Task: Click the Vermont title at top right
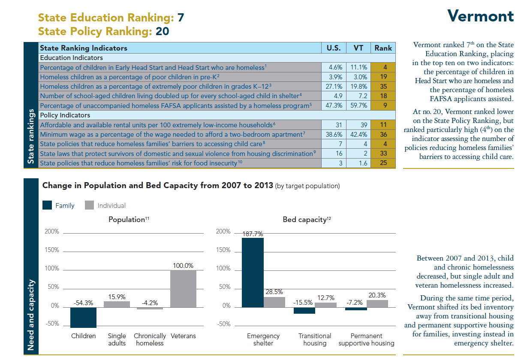480,16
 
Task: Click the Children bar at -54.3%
83,317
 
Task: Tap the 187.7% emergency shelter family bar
253,273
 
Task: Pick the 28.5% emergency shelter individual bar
274,302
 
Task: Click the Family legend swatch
47,205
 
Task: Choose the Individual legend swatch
89,205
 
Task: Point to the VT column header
358,48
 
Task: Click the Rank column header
383,48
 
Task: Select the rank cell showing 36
383,134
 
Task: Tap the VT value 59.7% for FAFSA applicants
358,105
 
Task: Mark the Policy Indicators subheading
65,115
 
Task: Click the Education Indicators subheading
71,57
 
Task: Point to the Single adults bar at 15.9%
117,304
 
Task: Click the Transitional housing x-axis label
315,339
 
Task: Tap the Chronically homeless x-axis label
150,339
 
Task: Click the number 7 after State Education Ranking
181,18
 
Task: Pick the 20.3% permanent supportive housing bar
377,303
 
